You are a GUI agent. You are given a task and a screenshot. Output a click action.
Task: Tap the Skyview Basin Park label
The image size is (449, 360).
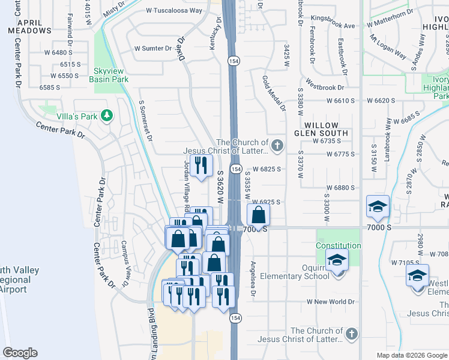(x=109, y=74)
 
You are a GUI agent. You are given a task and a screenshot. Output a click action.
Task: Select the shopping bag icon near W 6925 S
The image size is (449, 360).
(x=258, y=214)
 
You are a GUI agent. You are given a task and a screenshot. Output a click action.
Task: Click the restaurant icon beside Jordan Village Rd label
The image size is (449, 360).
(x=200, y=164)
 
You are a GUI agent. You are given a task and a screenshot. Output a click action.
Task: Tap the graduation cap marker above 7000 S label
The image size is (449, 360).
(x=378, y=207)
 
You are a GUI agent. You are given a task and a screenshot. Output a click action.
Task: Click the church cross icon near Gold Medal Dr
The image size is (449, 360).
(x=277, y=144)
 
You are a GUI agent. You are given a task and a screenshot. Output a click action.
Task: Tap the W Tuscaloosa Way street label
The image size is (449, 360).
(x=174, y=11)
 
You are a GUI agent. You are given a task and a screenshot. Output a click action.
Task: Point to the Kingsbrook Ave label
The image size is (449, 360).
(x=333, y=26)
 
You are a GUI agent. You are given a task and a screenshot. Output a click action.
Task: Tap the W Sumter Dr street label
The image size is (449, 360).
(x=153, y=48)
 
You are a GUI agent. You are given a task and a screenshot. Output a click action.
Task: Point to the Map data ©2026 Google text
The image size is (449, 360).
(x=411, y=355)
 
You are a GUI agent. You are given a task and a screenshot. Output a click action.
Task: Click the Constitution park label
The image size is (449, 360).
(x=339, y=245)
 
